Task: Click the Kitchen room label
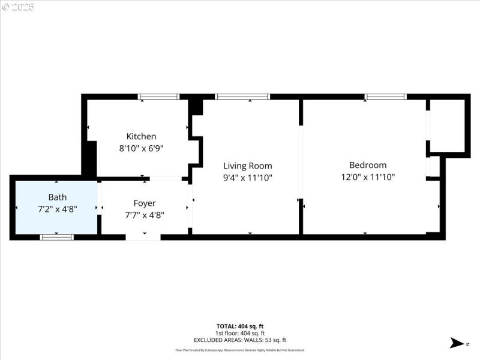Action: pyautogui.click(x=141, y=136)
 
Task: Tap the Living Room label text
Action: pyautogui.click(x=247, y=166)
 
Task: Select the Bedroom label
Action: pyautogui.click(x=368, y=165)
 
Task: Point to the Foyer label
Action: pyautogui.click(x=144, y=203)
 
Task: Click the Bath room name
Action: pyautogui.click(x=58, y=197)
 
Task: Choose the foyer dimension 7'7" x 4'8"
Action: pyautogui.click(x=144, y=215)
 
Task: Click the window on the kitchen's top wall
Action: pyautogui.click(x=159, y=97)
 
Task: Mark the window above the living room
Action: pyautogui.click(x=242, y=97)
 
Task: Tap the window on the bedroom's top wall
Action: pyautogui.click(x=386, y=97)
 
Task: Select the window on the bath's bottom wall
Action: pyautogui.click(x=57, y=237)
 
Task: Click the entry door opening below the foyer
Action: pyautogui.click(x=143, y=237)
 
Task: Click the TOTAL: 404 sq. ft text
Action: pyautogui.click(x=239, y=326)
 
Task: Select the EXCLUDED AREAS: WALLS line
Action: pyautogui.click(x=239, y=340)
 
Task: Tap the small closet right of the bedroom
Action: pyautogui.click(x=447, y=126)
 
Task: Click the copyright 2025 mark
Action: pyautogui.click(x=17, y=7)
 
